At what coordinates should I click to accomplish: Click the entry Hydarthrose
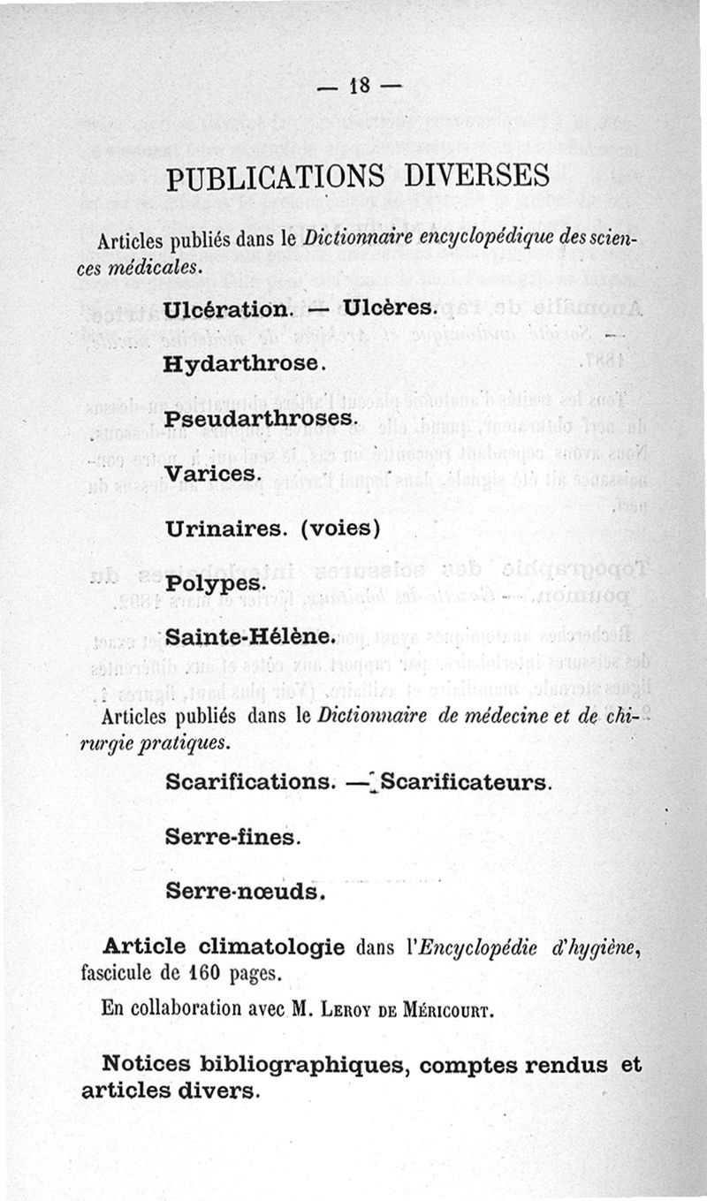(246, 363)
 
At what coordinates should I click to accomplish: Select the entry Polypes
(215, 584)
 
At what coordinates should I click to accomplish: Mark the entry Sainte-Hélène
(248, 637)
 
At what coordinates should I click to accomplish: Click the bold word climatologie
(272, 947)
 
